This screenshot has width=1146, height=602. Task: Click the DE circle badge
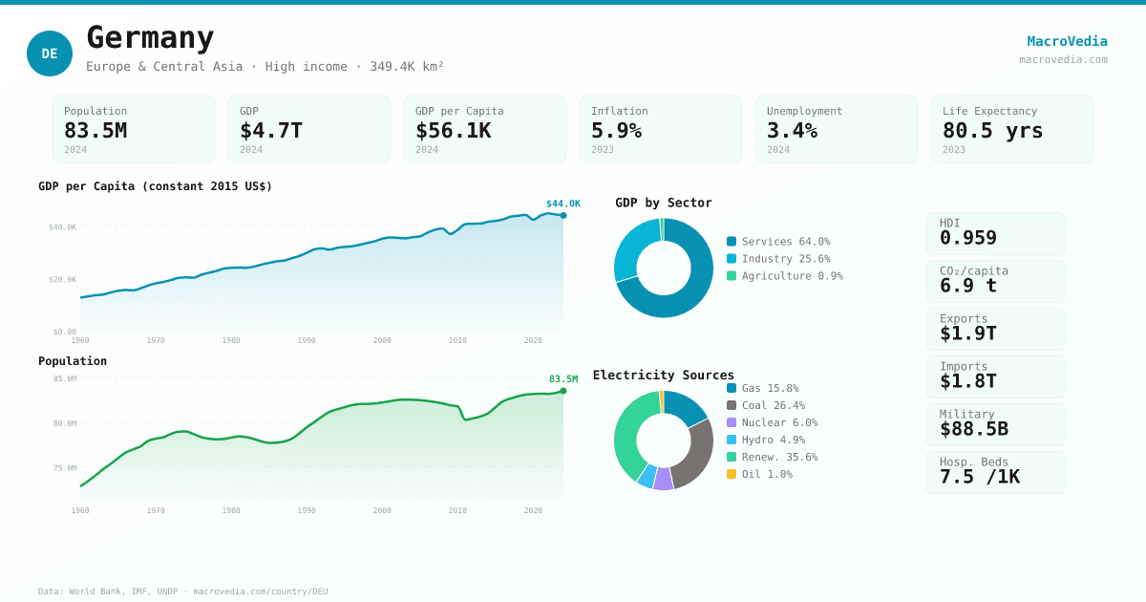(50, 54)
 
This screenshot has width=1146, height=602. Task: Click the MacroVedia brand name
(1067, 41)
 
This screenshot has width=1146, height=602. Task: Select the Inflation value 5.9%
(616, 130)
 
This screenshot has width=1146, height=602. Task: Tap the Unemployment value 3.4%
(792, 130)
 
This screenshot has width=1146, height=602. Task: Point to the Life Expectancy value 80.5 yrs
(992, 130)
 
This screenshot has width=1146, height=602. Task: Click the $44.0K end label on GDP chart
(562, 204)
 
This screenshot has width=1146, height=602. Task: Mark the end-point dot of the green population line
(563, 391)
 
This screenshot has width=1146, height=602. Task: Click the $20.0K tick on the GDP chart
(63, 280)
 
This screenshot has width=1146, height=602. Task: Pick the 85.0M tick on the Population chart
(65, 379)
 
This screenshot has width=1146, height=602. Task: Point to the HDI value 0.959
(967, 238)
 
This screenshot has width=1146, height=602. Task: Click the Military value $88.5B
(973, 429)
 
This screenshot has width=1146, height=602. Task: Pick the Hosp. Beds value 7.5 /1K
(979, 477)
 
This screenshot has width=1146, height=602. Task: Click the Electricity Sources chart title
(664, 375)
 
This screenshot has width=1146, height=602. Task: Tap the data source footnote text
(182, 591)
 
